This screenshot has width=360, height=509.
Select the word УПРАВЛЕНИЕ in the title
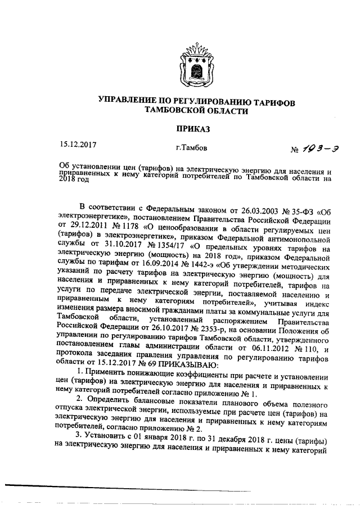pyautogui.click(x=130, y=102)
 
